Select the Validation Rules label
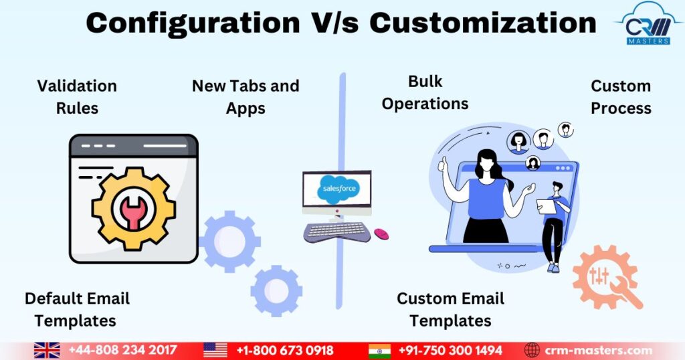77,96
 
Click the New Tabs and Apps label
246,97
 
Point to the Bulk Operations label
425,92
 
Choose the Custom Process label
621,97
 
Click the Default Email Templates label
77,309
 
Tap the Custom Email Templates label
450,309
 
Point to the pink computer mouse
381,234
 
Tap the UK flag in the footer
47,351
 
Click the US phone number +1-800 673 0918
284,351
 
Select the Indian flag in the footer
379,351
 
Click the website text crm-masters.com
599,351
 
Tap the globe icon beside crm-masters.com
532,351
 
